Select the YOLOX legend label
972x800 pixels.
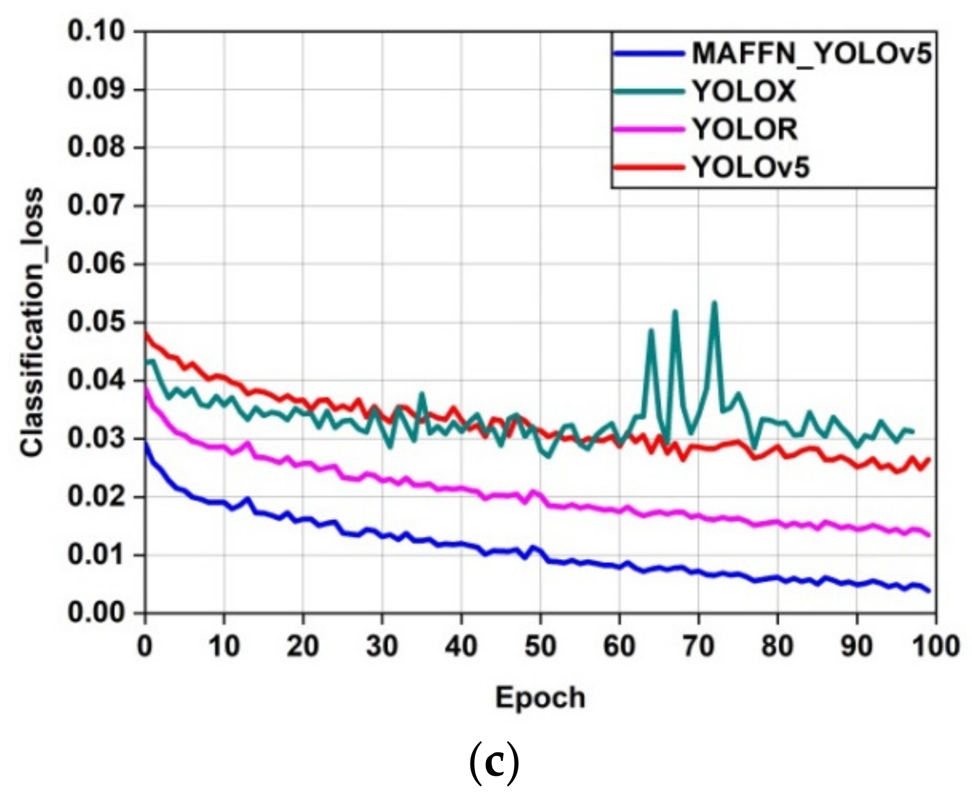pos(744,92)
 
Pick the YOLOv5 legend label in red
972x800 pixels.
pos(751,167)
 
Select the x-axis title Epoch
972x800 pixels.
pos(539,698)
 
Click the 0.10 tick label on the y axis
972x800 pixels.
pos(96,32)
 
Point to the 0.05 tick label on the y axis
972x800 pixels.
pos(96,323)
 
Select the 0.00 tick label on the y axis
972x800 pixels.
pos(96,614)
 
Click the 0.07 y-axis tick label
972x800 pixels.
pos(96,206)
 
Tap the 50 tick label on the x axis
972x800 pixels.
pos(540,647)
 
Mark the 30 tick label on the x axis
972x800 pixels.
pos(382,647)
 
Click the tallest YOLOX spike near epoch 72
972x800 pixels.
pos(714,302)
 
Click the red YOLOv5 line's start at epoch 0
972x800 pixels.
pos(145,333)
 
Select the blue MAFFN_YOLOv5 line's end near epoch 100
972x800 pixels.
pos(928,591)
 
